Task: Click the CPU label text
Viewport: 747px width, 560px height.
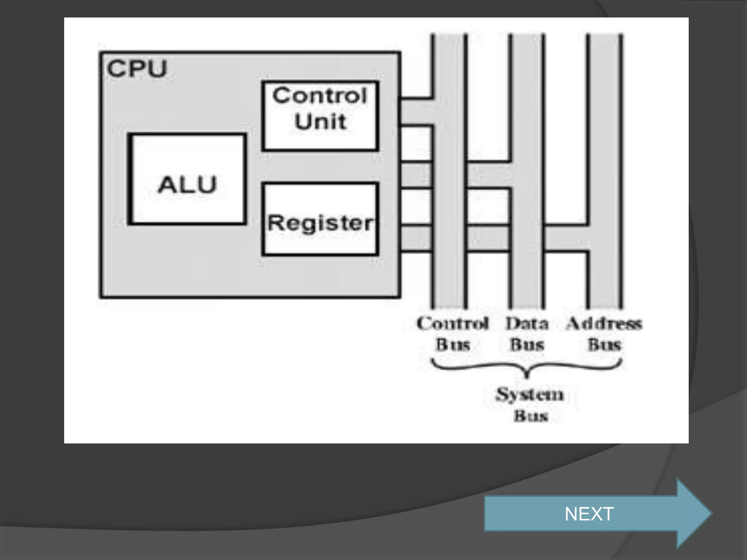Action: point(137,69)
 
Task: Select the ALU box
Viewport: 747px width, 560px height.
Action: point(187,179)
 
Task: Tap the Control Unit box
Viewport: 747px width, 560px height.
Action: point(320,116)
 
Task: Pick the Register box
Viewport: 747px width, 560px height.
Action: point(320,219)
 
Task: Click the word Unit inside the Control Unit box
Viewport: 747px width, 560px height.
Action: point(320,121)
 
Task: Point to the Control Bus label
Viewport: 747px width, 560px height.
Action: point(453,334)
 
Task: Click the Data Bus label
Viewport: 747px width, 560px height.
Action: point(527,334)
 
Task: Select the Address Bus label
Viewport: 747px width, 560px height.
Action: point(604,334)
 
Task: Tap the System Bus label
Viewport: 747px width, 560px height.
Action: point(530,405)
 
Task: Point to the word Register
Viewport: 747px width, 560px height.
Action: point(320,223)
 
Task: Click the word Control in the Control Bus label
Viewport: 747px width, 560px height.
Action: point(453,323)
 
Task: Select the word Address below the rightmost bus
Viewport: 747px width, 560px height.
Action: point(604,323)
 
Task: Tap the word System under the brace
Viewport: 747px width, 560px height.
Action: point(530,394)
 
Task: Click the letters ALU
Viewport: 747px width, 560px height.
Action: point(187,184)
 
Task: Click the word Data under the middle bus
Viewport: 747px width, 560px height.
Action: point(527,323)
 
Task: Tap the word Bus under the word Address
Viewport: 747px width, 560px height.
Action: point(604,345)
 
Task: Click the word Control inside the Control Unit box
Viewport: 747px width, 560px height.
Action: point(320,96)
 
